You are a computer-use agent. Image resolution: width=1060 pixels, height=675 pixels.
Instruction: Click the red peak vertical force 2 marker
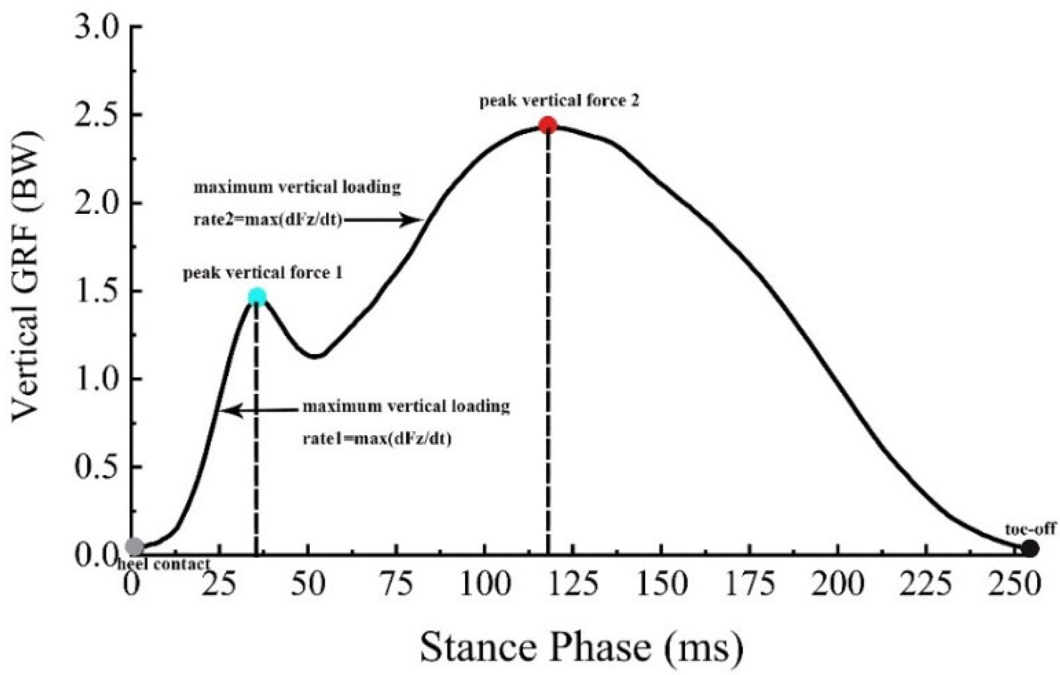tap(548, 124)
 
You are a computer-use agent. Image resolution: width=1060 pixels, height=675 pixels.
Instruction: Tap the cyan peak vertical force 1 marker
tap(258, 296)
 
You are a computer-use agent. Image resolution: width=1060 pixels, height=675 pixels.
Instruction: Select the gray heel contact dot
tap(135, 547)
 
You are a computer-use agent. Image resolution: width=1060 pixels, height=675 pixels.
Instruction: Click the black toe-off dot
tap(1030, 549)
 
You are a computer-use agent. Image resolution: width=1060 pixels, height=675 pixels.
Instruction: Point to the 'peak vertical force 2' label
tap(559, 101)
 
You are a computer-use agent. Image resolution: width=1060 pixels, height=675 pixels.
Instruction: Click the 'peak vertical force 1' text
tap(263, 273)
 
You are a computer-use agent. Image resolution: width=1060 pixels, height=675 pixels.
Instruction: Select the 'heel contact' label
tap(164, 564)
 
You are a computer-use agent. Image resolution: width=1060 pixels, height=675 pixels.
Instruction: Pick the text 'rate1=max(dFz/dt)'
tap(377, 438)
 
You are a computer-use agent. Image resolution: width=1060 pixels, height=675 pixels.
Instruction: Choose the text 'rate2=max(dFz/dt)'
tap(268, 220)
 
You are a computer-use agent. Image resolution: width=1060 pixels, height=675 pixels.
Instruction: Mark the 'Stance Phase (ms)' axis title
tap(581, 647)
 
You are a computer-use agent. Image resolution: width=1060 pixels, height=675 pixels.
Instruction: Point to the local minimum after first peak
tap(315, 356)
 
